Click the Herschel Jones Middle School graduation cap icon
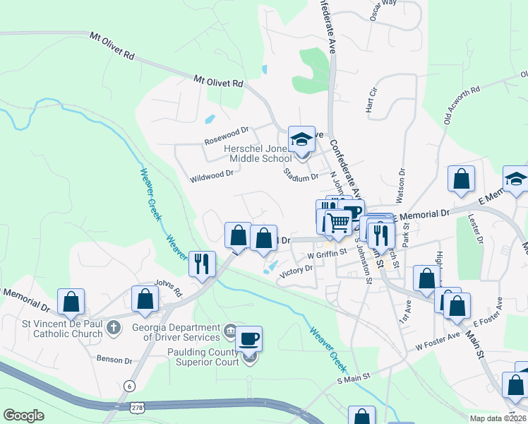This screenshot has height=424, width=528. click(301, 139)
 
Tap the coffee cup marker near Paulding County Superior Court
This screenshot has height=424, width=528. click(248, 339)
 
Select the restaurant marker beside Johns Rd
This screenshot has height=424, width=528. click(202, 264)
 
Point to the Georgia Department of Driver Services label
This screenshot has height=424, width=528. click(177, 332)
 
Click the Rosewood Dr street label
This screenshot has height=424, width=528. click(227, 130)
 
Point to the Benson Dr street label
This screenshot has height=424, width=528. click(114, 360)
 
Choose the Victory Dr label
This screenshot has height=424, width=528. click(296, 270)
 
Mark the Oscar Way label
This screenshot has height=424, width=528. click(384, 6)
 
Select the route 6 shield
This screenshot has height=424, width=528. click(128, 385)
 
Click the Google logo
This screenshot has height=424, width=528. click(23, 416)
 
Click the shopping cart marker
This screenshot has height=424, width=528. click(338, 222)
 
